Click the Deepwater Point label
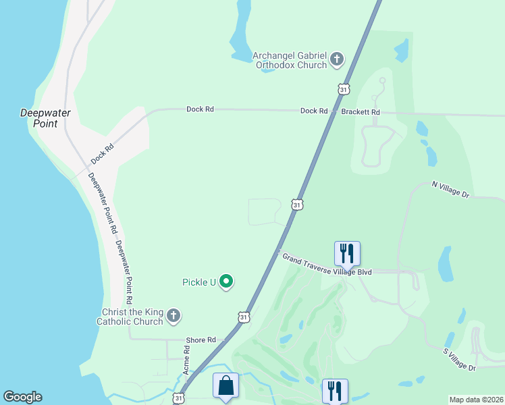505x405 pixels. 45,118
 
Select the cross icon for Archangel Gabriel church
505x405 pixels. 337,61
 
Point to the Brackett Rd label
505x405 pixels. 361,111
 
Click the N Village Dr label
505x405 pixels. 450,189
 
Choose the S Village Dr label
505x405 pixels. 460,360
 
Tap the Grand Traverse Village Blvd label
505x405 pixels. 327,265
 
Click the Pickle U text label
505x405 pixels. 198,282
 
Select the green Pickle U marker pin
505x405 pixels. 228,281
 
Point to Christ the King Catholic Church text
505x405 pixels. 132,317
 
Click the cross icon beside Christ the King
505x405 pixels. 174,316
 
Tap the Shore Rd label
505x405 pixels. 202,340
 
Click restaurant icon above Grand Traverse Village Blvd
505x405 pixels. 347,254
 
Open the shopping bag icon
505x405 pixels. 225,387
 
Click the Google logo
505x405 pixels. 22,397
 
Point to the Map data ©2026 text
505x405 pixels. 475,400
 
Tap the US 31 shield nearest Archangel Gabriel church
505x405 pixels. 344,89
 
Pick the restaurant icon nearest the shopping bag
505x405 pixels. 335,391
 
